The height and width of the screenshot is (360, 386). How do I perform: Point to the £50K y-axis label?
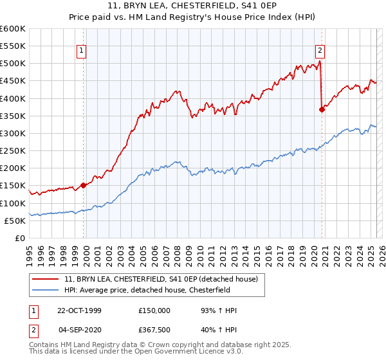[15, 221]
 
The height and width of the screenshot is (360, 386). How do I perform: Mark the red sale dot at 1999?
[84, 186]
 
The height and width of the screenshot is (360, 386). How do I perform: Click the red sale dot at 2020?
[322, 109]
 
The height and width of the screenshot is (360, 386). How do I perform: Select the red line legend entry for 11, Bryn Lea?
[161, 278]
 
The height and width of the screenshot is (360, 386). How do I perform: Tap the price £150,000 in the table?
[155, 310]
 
